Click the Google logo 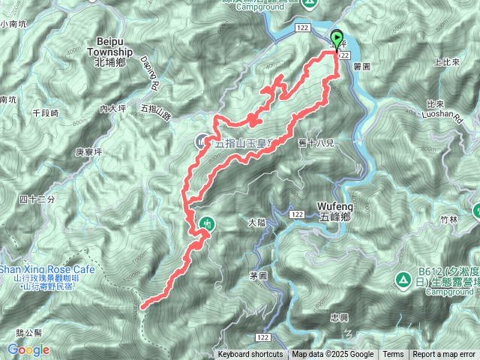click(x=28, y=349)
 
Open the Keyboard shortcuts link click(x=250, y=355)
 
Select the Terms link click(x=393, y=355)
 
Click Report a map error click(x=444, y=355)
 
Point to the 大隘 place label click(x=256, y=223)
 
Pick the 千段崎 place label click(x=46, y=112)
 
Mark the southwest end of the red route click(x=142, y=305)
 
